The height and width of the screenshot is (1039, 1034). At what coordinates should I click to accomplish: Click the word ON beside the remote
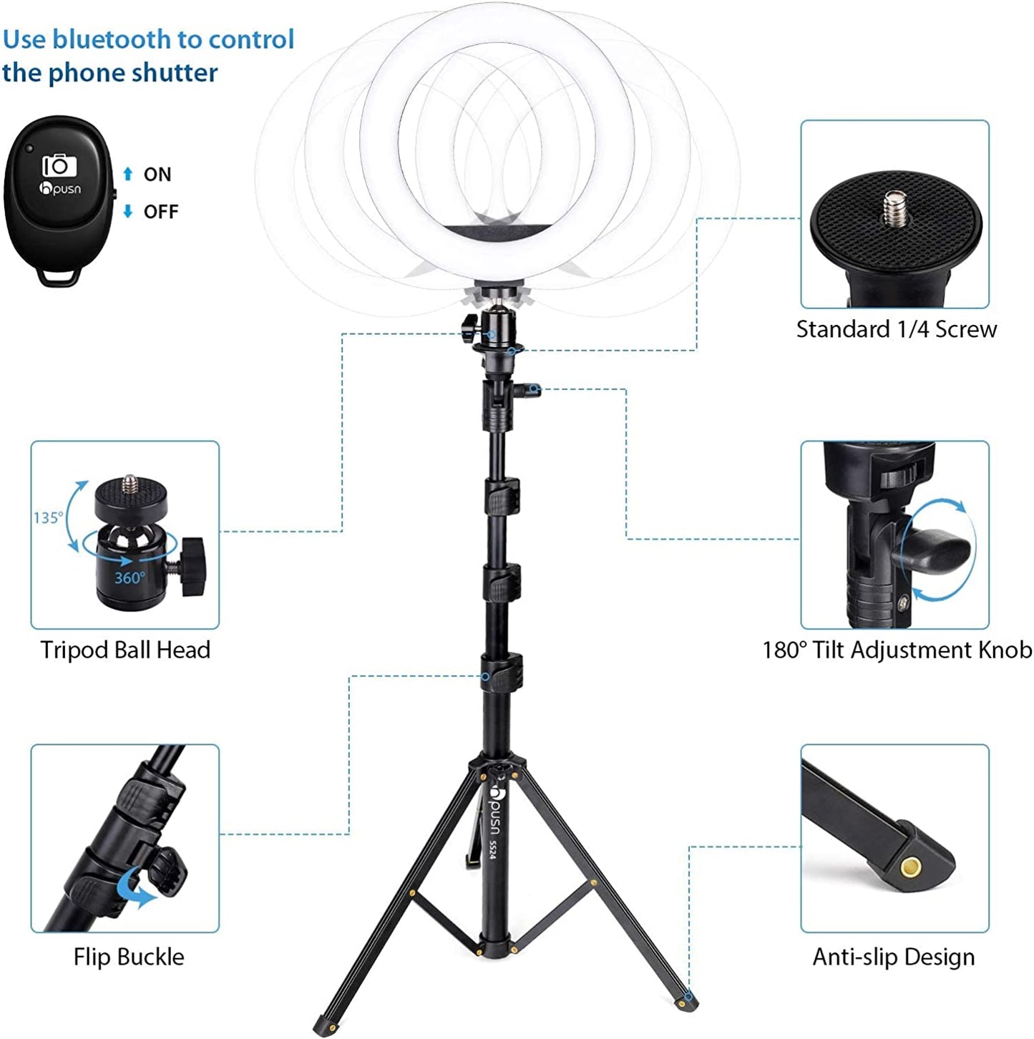point(157,175)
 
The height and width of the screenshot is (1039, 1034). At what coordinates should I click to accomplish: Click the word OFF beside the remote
point(161,212)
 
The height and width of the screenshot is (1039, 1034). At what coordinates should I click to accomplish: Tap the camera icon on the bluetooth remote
point(59,166)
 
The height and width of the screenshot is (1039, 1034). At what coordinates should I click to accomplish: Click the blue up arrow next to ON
point(128,174)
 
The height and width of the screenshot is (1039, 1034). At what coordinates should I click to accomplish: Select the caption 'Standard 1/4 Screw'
point(896,329)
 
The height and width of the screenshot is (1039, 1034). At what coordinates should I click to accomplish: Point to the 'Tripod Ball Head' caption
point(125,650)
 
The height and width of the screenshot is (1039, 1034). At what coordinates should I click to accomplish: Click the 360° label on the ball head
point(130,577)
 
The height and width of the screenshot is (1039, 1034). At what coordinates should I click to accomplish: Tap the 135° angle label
point(48,517)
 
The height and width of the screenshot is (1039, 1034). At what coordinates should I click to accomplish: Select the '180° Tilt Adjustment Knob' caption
point(897,650)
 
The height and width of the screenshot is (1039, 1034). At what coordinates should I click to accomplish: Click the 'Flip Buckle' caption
point(129,957)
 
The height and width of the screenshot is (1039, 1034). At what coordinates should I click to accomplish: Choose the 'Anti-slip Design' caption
point(893,957)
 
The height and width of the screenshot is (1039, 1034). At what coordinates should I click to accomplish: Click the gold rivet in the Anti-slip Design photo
point(910,868)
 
